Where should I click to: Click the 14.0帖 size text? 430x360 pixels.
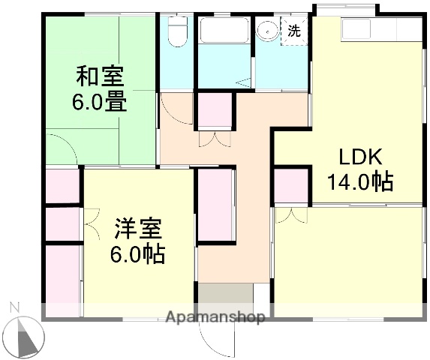360,181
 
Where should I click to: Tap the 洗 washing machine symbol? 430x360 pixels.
293,31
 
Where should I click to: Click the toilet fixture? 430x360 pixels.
176,31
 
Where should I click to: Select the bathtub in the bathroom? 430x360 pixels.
224,31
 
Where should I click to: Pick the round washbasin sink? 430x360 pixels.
266,31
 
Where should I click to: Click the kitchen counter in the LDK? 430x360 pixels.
380,31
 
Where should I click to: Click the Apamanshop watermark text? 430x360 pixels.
215,317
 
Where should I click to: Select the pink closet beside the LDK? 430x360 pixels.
291,186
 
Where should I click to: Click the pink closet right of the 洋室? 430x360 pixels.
216,205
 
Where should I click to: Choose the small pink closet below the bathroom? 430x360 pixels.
215,112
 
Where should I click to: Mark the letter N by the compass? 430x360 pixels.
13,307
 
